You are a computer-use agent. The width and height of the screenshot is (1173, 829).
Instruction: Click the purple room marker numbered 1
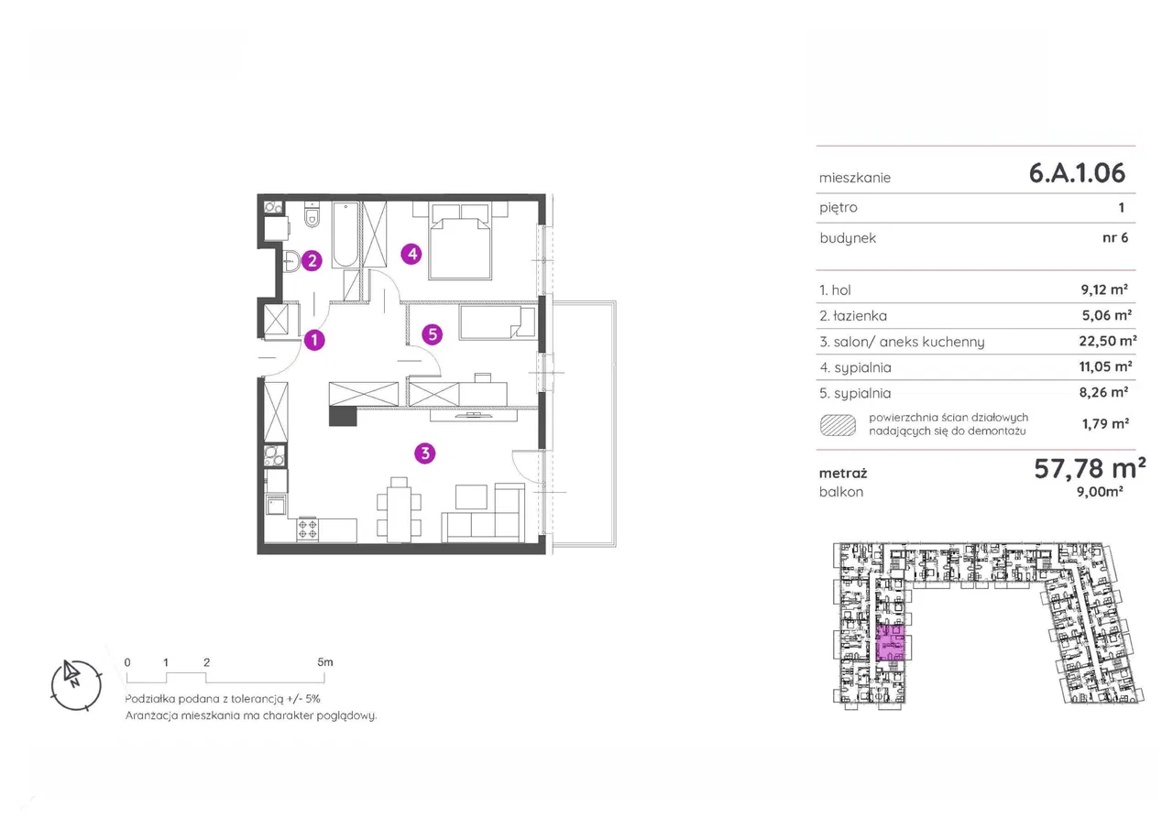tap(314, 340)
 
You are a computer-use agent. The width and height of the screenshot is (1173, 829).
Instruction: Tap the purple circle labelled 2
tap(312, 261)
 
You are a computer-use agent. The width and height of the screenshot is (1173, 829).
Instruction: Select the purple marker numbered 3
tap(424, 453)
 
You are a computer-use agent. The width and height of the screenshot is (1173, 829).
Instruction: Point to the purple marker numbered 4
tap(411, 255)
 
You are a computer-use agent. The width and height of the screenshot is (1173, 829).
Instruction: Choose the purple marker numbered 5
tap(433, 334)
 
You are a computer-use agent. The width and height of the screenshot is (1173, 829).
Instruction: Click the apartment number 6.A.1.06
tap(1077, 173)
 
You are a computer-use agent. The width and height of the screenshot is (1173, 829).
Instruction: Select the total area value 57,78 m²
tap(1090, 468)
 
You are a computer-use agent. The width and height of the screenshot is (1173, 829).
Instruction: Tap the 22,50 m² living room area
tap(1108, 342)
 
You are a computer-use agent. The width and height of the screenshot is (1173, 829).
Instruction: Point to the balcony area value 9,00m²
tap(1100, 492)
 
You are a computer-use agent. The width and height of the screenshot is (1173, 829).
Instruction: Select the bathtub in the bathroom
tap(345, 235)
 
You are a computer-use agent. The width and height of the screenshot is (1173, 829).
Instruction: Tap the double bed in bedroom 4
tap(460, 241)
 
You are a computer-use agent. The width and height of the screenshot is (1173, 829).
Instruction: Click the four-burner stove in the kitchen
tap(307, 529)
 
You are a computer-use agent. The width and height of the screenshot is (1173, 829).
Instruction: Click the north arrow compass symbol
tap(76, 685)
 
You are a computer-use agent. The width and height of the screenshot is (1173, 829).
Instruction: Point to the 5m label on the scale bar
tap(324, 662)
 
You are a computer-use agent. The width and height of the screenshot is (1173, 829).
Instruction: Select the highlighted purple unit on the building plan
tap(890, 643)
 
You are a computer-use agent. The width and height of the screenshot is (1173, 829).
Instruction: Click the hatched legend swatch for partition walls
tap(838, 425)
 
